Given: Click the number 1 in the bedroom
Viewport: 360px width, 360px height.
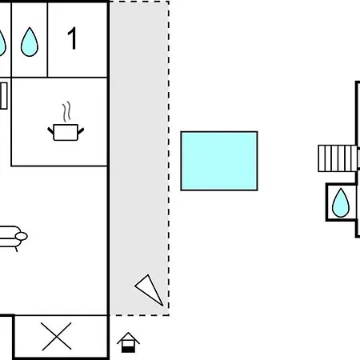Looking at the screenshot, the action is [x=73, y=38].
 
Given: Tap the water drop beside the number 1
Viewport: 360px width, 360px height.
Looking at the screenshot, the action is [x=30, y=42].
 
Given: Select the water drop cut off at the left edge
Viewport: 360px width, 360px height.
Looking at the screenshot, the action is [x=2, y=42].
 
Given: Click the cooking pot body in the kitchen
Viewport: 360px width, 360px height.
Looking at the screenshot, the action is [x=66, y=132].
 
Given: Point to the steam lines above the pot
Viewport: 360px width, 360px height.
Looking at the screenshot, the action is [x=66, y=111].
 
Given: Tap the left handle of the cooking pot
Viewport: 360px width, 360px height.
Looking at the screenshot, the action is [x=50, y=130].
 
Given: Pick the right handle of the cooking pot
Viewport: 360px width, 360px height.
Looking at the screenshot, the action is [x=81, y=130].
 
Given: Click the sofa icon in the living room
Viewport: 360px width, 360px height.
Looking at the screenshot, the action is [x=12, y=238].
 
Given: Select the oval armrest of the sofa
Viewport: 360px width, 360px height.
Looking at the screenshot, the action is [x=22, y=236].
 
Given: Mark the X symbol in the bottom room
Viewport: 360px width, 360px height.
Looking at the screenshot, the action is [x=57, y=336].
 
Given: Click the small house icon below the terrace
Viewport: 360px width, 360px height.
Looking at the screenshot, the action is [x=128, y=342].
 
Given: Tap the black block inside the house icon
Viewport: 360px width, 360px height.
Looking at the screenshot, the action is [x=128, y=350].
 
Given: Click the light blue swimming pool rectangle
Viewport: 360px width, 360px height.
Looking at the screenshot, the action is [x=219, y=161].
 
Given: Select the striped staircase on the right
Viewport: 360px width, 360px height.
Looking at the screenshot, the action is [x=338, y=158].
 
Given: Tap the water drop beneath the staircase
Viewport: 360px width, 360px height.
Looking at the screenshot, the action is [x=341, y=202].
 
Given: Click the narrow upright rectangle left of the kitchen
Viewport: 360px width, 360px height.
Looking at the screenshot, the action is [x=3, y=96].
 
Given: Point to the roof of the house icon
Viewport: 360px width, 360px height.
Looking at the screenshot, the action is [x=128, y=338].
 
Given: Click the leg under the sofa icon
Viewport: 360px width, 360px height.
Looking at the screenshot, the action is [x=17, y=250].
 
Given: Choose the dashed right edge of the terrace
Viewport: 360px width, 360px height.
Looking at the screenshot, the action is [x=169, y=158].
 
